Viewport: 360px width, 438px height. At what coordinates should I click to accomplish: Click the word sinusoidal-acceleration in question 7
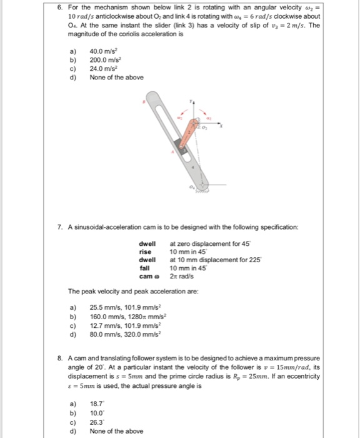[x=111, y=224]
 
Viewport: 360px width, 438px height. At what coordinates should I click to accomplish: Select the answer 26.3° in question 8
[x=97, y=422]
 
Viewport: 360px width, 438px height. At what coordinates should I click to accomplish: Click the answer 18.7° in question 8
[x=97, y=404]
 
